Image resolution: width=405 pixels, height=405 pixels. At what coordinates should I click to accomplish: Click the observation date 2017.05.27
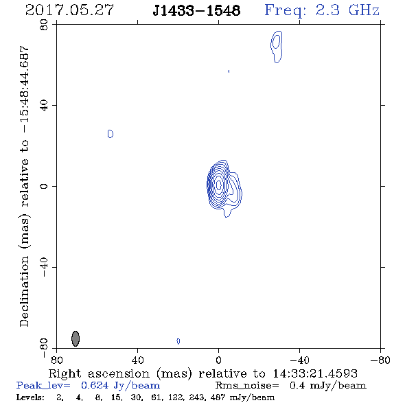69,10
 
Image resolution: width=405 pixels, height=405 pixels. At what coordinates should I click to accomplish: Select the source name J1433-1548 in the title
196,11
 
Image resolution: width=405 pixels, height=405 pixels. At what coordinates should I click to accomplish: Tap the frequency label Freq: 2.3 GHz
322,10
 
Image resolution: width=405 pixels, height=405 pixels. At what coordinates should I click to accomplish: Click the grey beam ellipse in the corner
75,338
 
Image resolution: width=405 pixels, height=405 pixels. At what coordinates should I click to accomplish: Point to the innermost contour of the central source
218,185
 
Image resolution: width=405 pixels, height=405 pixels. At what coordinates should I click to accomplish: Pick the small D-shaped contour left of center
111,134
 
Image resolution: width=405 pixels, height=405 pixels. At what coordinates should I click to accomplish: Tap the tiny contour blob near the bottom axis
178,341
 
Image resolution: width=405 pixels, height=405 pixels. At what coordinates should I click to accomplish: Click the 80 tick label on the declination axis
44,25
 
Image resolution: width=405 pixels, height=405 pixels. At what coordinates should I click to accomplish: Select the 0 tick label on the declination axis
44,186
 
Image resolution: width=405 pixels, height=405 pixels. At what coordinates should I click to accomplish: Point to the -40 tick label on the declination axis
44,267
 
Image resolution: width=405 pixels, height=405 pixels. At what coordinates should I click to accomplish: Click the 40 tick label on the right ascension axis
137,360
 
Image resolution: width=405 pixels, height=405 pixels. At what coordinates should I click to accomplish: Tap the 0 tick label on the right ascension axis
218,360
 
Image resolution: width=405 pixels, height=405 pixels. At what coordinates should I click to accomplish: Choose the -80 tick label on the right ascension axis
380,360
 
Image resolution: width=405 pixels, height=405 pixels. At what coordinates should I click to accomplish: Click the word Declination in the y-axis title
24,291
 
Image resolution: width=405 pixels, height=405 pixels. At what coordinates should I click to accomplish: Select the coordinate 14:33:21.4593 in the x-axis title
315,373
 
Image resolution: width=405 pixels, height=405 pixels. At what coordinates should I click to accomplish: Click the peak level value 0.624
95,385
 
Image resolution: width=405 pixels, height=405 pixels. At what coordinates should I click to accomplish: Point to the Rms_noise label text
247,386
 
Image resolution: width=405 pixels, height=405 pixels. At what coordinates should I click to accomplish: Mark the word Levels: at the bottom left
30,397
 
